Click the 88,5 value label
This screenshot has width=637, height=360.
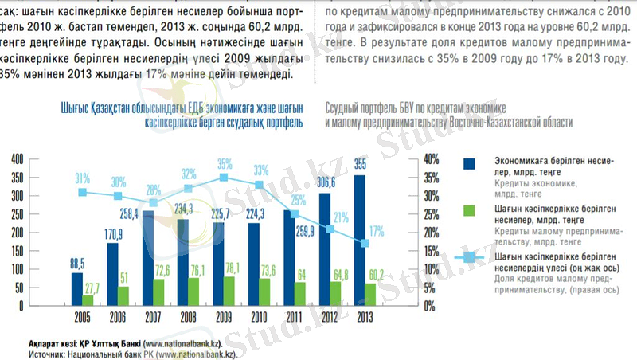pyautogui.click(x=76, y=264)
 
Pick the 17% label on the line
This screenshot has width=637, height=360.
pyautogui.click(x=377, y=231)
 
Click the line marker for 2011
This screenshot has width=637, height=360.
pyautogui.click(x=295, y=214)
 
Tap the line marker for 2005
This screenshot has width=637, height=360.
pyautogui.click(x=83, y=192)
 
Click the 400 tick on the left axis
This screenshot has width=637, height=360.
pyautogui.click(x=17, y=159)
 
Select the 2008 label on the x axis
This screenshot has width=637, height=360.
pyautogui.click(x=189, y=317)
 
